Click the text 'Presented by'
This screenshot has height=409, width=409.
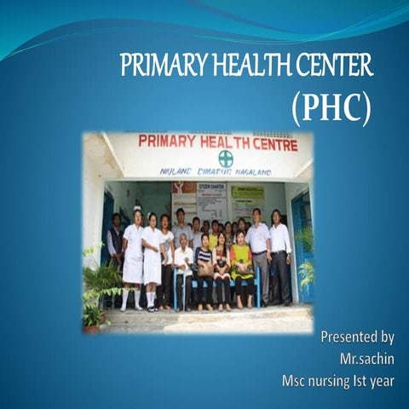pos(357,337)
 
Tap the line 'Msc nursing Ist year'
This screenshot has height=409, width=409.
pos(338,381)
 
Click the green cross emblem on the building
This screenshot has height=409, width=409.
pos(225,158)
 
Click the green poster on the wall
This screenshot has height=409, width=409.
pos(247,202)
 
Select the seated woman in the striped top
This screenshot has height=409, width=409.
pos(204,268)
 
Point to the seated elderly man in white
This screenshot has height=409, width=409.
pos(183,268)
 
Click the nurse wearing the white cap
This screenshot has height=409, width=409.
pos(133,256)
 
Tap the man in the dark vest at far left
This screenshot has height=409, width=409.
pos(115,247)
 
